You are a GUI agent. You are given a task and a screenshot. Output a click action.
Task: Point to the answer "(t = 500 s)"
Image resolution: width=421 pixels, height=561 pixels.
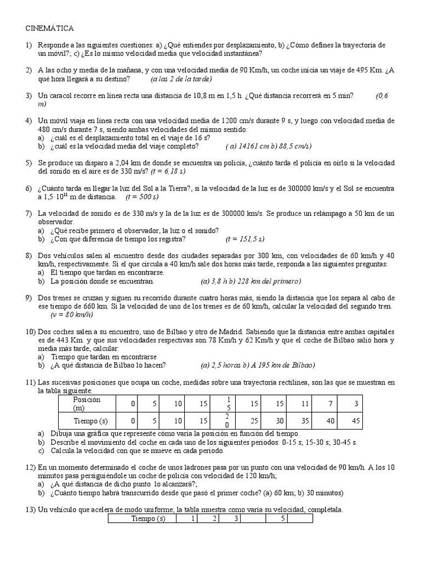coord(141,197)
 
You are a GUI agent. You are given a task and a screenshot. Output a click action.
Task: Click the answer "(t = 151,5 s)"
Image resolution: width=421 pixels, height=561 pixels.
coord(244,239)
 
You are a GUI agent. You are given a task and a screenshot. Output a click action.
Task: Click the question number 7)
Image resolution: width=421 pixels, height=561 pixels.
coord(29,214)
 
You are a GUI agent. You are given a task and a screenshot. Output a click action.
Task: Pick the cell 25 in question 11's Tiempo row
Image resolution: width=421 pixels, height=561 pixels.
coord(254,421)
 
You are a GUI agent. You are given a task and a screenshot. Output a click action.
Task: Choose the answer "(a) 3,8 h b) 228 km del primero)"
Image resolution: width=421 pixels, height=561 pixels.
coord(251,281)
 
